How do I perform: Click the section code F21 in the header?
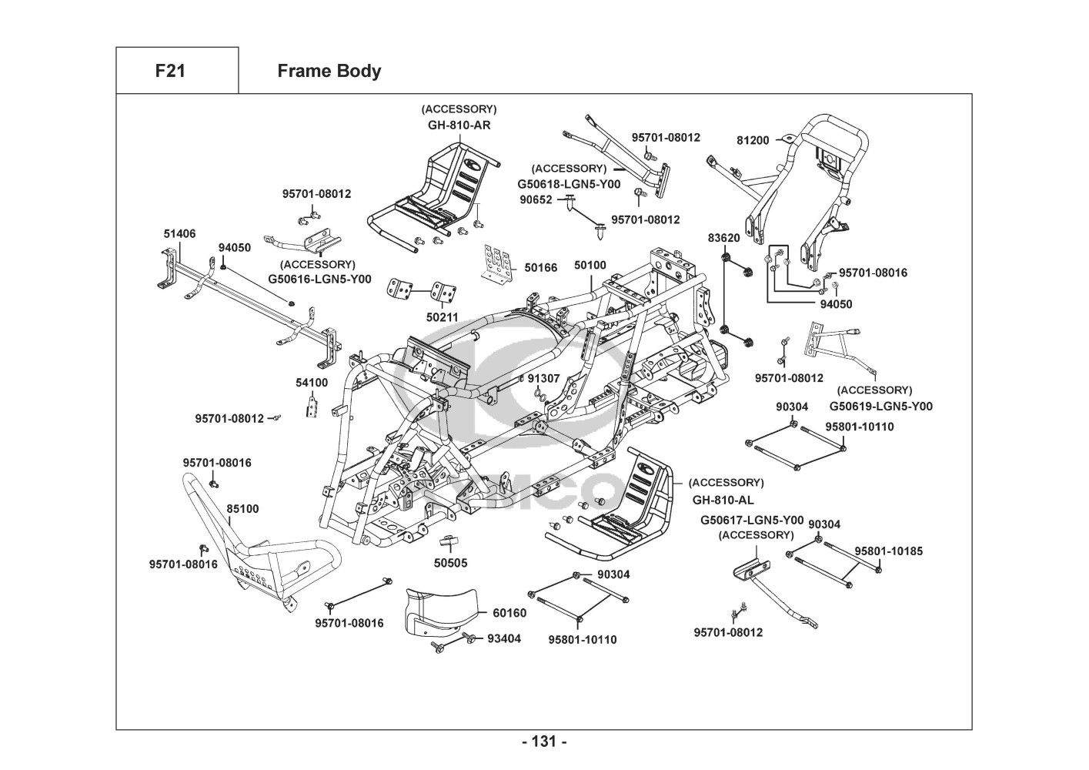[x=170, y=72]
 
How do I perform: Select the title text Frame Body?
[x=329, y=72]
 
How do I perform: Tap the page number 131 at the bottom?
[x=544, y=742]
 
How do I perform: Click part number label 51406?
[x=179, y=233]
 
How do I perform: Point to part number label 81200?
[x=753, y=140]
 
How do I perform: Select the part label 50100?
[x=590, y=266]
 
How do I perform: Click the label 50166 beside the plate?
[x=541, y=268]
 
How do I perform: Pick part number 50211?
[x=442, y=316]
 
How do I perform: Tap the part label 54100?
[x=312, y=383]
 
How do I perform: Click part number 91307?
[x=543, y=379]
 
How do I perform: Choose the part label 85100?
[x=242, y=509]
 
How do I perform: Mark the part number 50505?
[x=450, y=563]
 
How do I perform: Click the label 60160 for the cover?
[x=509, y=614]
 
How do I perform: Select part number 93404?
[x=504, y=638]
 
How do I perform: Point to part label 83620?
[x=724, y=238]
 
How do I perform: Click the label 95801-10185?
[x=889, y=551]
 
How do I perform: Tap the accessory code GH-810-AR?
[x=459, y=125]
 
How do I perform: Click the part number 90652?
[x=536, y=199]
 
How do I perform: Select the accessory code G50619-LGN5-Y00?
[x=880, y=406]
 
